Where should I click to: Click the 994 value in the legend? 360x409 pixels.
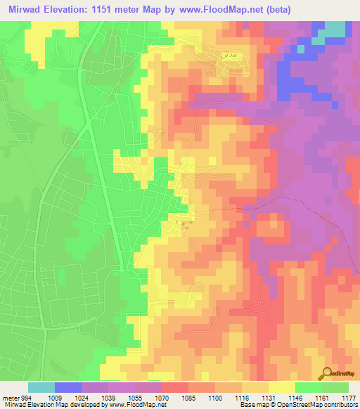[x=24, y=397]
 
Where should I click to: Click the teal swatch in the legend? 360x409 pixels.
[x=41, y=387]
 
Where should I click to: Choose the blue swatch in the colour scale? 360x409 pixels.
[x=68, y=387]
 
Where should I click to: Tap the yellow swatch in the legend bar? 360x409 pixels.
[x=282, y=387]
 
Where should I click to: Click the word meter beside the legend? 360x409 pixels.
[x=10, y=397]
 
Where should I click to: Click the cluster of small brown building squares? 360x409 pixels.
[x=186, y=224]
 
